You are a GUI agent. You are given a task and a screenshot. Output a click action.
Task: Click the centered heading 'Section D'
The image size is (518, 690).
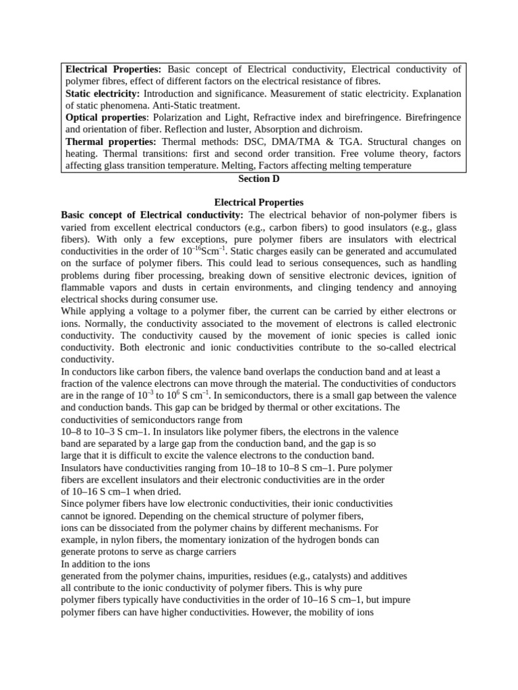259,179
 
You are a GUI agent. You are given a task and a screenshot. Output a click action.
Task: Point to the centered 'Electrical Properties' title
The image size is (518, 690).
259,202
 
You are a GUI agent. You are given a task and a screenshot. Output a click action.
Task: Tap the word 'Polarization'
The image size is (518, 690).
182,117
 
